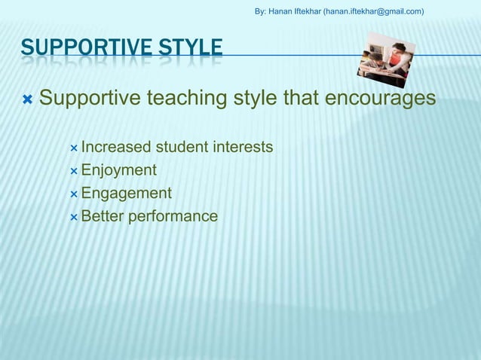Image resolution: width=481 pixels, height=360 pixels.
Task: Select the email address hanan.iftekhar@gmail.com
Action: click(373, 11)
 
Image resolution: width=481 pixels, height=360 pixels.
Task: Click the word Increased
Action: click(115, 146)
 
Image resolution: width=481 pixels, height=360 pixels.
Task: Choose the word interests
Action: click(243, 146)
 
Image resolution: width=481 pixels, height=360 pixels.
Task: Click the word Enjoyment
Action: click(118, 169)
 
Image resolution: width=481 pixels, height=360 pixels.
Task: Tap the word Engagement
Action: click(126, 194)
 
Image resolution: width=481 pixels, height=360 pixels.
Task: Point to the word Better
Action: click(102, 217)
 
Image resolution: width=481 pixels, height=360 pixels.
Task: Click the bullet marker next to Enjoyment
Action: click(73, 170)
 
